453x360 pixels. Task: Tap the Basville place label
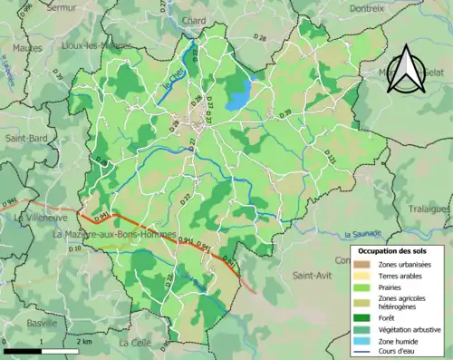[42, 323]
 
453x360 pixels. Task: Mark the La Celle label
[135, 343]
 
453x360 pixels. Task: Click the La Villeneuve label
[35, 218]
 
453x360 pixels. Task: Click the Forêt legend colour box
[362, 316]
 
